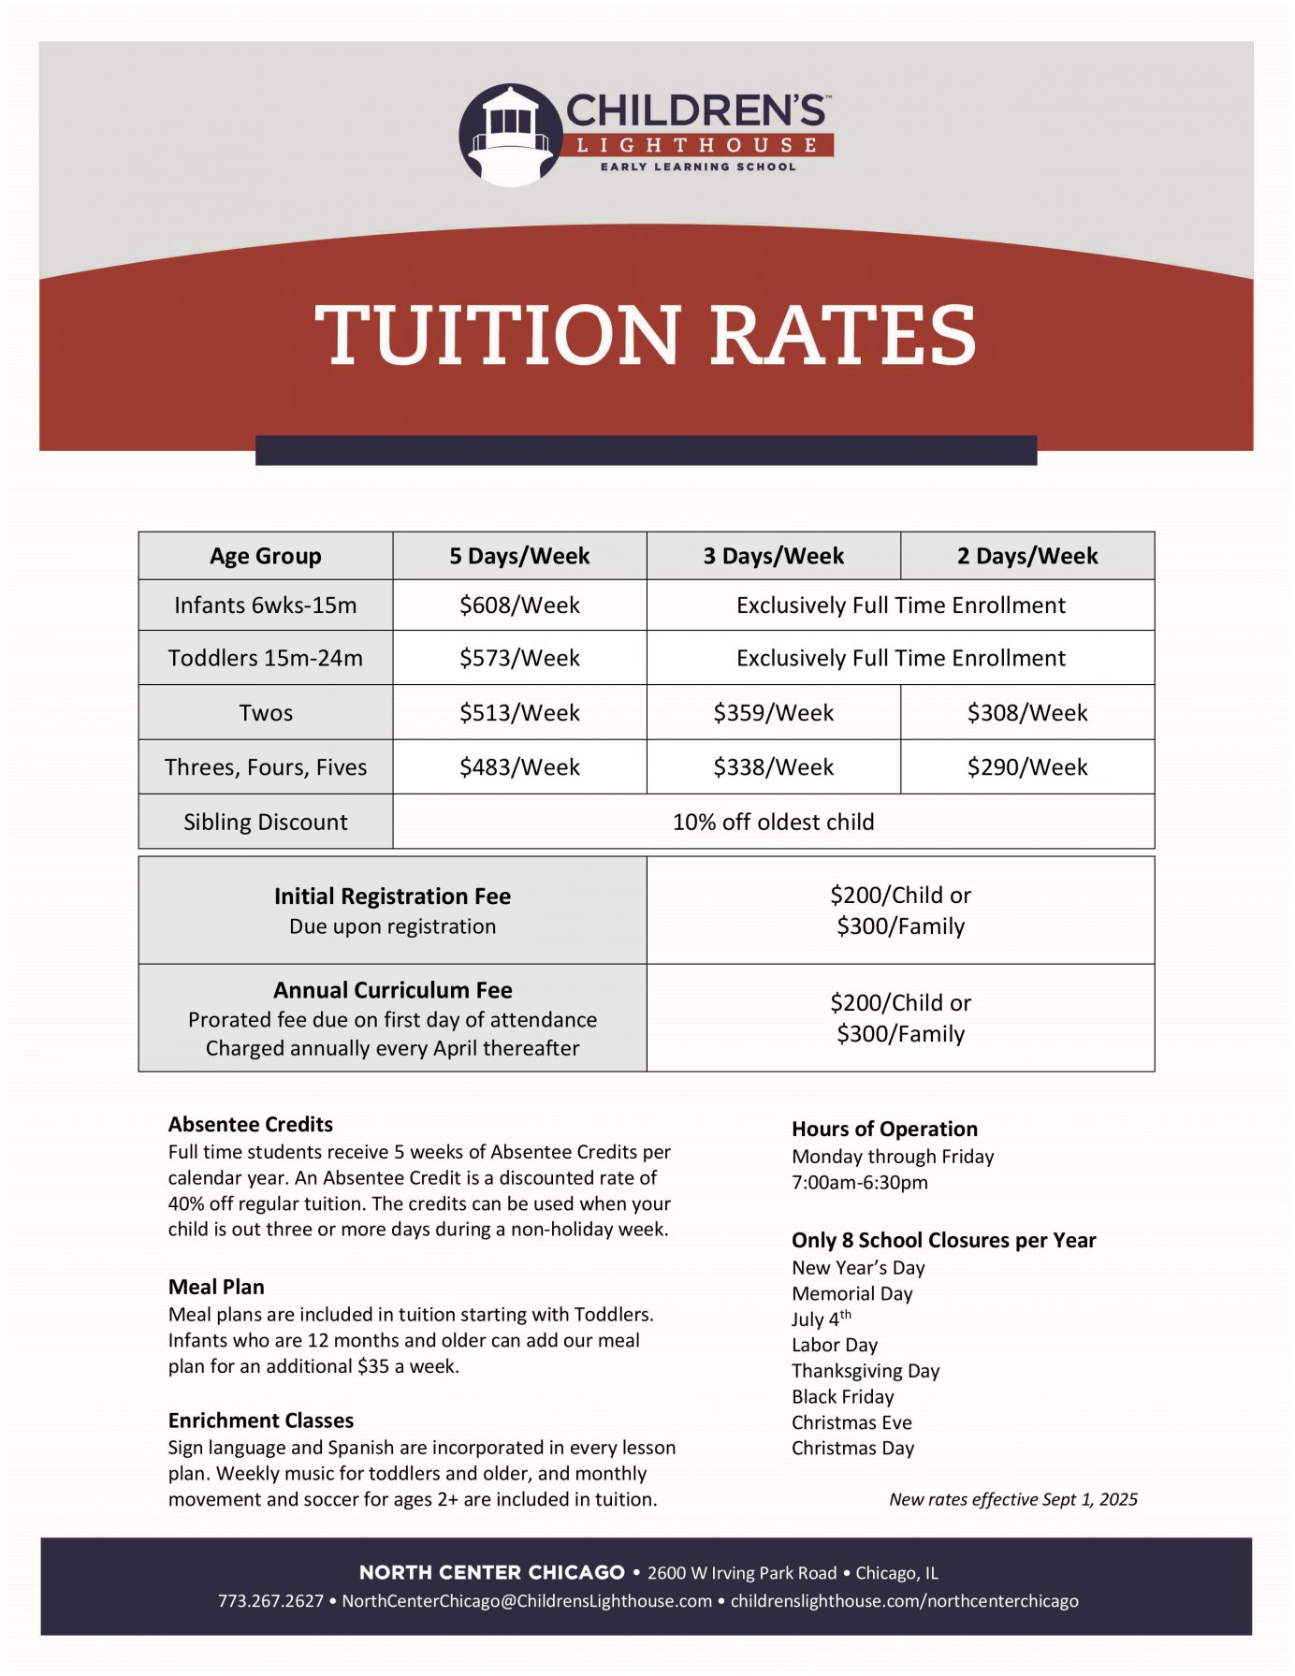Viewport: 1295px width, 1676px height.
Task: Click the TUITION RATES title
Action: [646, 335]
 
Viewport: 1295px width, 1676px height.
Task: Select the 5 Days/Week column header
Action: [519, 556]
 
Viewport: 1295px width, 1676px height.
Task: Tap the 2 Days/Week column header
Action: [1026, 556]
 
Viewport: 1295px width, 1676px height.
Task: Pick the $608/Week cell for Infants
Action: [519, 605]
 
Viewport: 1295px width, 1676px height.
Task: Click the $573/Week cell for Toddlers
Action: [519, 658]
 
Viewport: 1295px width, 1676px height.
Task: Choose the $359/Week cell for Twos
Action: [773, 713]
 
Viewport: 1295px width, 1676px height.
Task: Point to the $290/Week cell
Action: [1026, 767]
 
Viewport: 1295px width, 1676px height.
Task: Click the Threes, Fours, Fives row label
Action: [266, 767]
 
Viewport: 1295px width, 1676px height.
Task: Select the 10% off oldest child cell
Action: [773, 822]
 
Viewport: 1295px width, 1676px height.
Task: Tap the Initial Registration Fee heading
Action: [392, 896]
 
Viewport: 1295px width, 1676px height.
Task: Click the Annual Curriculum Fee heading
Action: [392, 990]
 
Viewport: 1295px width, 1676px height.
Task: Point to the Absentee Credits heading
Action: [251, 1124]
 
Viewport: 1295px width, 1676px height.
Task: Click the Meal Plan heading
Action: [216, 1287]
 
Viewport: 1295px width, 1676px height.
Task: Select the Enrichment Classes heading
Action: [261, 1421]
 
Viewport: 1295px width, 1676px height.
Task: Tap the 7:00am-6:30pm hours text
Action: [860, 1182]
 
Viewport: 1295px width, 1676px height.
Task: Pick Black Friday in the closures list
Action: [842, 1396]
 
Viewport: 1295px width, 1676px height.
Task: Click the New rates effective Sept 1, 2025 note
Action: [1012, 1499]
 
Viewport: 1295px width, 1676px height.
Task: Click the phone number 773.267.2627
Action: [270, 1601]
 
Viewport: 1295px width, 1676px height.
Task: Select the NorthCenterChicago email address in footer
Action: [527, 1601]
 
